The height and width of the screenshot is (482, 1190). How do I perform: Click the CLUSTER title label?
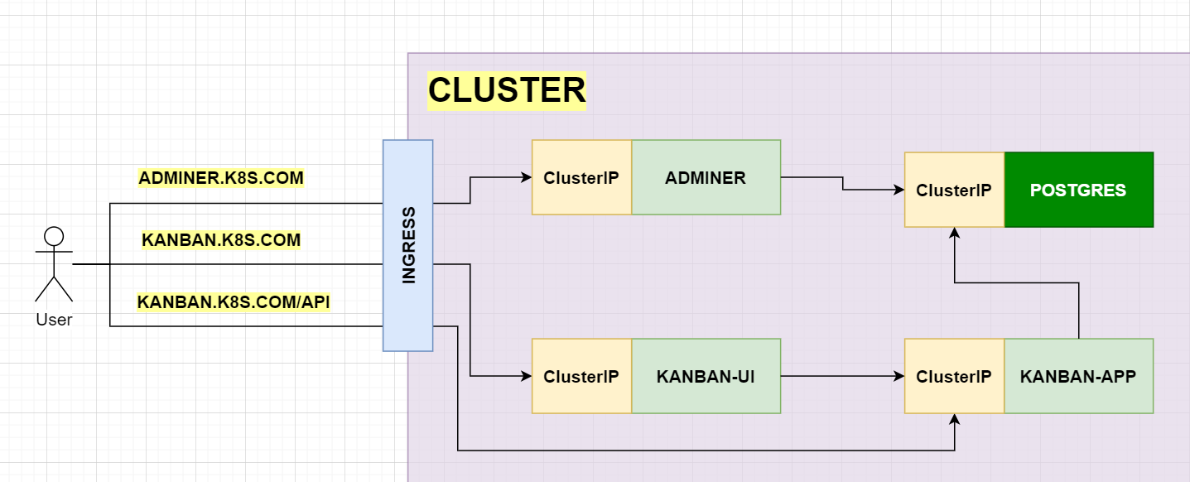pos(507,90)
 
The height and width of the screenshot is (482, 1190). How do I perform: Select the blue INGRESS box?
pos(408,245)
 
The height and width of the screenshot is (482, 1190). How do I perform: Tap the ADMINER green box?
pos(706,177)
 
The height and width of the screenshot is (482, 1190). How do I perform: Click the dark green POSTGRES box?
pos(1078,190)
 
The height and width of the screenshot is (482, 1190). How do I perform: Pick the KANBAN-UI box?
pos(706,376)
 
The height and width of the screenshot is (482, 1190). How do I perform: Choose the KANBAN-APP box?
pos(1078,376)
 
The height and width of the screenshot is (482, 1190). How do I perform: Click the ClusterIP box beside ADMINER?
pos(581,177)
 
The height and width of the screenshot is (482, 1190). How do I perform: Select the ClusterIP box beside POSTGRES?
pos(954,190)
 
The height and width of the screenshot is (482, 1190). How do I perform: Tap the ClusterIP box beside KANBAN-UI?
pos(581,376)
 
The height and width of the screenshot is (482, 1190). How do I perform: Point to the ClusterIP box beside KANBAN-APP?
pos(954,376)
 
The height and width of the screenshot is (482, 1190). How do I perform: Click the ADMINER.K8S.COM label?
pos(221,178)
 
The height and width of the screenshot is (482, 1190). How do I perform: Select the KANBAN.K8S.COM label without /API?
pos(221,240)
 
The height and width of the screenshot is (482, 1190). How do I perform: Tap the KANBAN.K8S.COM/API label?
pos(234,301)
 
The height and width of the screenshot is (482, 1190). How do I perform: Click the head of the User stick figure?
pos(54,237)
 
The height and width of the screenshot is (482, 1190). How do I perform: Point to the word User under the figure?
pos(54,320)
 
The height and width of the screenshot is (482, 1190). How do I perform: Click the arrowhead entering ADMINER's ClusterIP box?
pos(527,177)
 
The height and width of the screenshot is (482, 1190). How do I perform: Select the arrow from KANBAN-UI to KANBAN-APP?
pos(842,376)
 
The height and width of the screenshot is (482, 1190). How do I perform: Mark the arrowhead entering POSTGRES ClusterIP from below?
pos(955,232)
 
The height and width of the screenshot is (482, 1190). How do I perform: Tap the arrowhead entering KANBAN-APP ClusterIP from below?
pos(955,419)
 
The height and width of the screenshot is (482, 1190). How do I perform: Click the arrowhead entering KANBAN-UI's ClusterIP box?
pos(527,376)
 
